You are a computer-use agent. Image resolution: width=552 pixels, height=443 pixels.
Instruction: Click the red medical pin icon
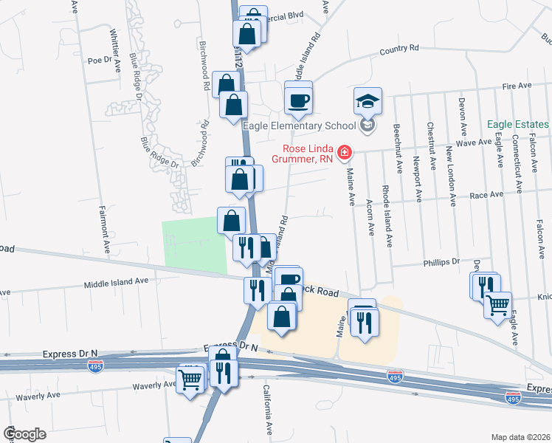[x=344, y=153]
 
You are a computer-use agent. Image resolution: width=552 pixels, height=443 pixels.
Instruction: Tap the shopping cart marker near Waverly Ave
[x=190, y=380]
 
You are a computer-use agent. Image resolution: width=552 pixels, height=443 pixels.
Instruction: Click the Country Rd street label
[x=399, y=49]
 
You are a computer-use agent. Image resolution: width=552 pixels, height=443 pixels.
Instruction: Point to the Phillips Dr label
[x=441, y=261]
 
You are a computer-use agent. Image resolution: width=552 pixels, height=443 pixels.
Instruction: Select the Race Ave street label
[x=487, y=196]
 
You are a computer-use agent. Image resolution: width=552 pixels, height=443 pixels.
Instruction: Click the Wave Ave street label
[x=475, y=142]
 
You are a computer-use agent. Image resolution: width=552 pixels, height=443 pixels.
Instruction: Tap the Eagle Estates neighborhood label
[x=517, y=125]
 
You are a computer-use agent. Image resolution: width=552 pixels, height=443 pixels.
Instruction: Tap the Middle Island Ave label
[x=116, y=281]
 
